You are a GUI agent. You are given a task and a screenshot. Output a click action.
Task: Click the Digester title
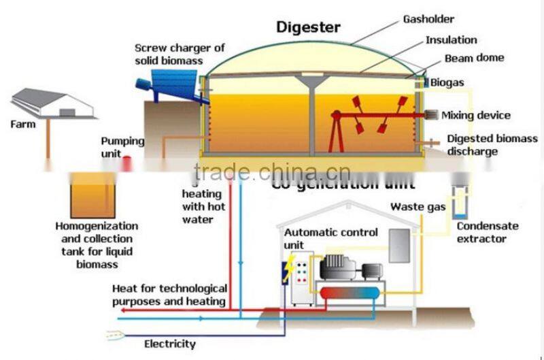click(307, 28)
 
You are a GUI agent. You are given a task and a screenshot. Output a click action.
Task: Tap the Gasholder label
click(429, 20)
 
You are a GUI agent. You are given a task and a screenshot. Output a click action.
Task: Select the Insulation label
click(451, 40)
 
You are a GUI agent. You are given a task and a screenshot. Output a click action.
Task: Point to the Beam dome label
click(474, 59)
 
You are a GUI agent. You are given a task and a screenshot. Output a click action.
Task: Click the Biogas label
click(448, 82)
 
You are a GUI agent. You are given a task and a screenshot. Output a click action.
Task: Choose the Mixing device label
click(475, 115)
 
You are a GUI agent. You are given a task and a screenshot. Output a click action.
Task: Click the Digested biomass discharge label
click(492, 145)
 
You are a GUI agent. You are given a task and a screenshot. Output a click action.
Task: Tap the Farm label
click(22, 125)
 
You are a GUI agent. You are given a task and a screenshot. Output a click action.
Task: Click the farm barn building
click(52, 104)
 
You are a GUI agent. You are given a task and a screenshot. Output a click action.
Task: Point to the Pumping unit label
click(122, 147)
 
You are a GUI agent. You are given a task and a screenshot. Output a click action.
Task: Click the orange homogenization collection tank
click(93, 195)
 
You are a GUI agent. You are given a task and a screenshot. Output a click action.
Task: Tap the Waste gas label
click(418, 206)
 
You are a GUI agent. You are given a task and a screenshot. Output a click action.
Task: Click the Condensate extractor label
click(487, 233)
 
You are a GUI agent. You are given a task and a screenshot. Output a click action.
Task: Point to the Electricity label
click(169, 344)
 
